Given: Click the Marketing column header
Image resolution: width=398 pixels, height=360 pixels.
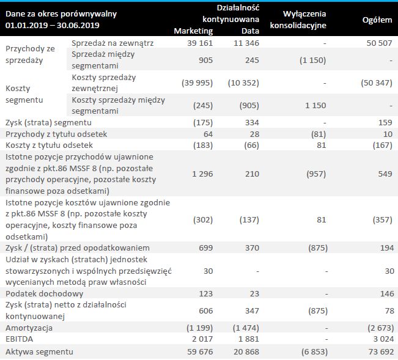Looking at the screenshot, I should pyautogui.click(x=194, y=31).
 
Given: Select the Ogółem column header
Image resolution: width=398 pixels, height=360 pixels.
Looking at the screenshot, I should pyautogui.click(x=377, y=20).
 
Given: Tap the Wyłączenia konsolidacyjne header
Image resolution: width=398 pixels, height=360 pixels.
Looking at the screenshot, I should pyautogui.click(x=304, y=20).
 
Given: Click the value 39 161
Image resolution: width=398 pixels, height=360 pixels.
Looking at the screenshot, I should pyautogui.click(x=199, y=43).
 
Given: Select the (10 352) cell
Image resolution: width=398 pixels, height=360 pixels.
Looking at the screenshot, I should pyautogui.click(x=245, y=83).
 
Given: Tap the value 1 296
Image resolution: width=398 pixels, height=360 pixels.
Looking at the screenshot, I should pyautogui.click(x=201, y=174).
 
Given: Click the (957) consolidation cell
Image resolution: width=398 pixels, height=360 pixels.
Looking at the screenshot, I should pyautogui.click(x=313, y=174).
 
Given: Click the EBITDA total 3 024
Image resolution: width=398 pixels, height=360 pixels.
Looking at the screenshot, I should pyautogui.click(x=380, y=340).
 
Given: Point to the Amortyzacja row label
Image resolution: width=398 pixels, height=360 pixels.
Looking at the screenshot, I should pyautogui.click(x=30, y=328).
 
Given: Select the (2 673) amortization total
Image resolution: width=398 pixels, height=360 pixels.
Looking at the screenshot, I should pyautogui.click(x=375, y=328).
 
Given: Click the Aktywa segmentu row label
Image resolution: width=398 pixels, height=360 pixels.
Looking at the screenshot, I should pyautogui.click(x=39, y=351).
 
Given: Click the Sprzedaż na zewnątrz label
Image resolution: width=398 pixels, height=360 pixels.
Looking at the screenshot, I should pyautogui.click(x=112, y=43).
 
